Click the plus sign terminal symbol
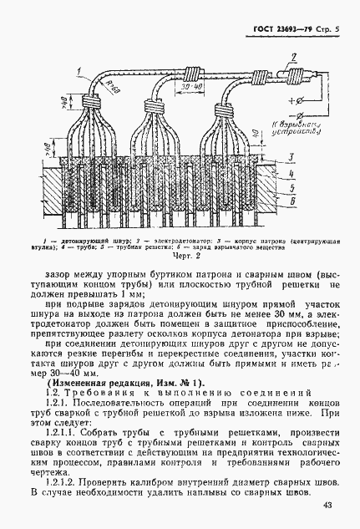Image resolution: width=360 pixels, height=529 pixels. (x=277, y=102)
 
